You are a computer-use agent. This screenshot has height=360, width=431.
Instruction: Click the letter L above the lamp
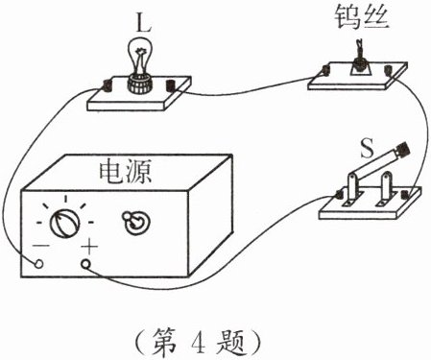pyautogui.click(x=143, y=22)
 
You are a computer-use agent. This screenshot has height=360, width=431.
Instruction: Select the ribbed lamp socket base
pyautogui.click(x=140, y=84)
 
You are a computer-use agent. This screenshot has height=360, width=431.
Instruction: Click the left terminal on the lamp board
pyautogui.click(x=107, y=86)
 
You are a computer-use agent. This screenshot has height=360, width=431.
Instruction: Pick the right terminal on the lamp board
pyautogui.click(x=170, y=86)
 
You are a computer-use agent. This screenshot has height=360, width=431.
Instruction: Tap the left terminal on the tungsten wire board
pyautogui.click(x=326, y=70)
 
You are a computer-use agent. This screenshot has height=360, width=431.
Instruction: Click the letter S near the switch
pyautogui.click(x=367, y=149)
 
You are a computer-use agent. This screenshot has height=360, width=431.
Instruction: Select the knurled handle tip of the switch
pyautogui.click(x=404, y=149)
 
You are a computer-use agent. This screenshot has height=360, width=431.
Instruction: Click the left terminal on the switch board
pyautogui.click(x=339, y=195)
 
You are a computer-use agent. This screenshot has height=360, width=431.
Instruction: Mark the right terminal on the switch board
pyautogui.click(x=406, y=195)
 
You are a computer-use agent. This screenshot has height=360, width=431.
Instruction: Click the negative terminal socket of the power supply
pyautogui.click(x=38, y=263)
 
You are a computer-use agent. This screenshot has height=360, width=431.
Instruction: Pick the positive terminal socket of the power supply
pyautogui.click(x=86, y=264)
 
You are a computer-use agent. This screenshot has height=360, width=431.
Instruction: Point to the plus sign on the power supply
pyautogui.click(x=89, y=247)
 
